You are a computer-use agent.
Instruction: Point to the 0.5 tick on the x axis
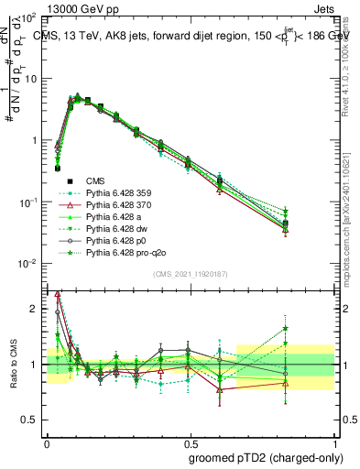point(191,441)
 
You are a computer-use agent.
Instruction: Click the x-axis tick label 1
point(335,441)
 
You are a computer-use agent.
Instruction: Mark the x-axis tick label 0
point(46,441)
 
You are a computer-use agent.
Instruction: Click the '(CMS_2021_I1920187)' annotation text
point(191,272)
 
